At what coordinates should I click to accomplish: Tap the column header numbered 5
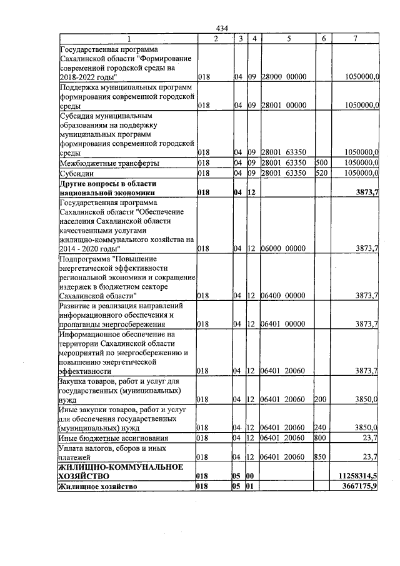coord(289,39)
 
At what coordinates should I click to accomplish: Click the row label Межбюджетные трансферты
coord(109,163)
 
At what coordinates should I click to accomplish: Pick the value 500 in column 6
coord(322,163)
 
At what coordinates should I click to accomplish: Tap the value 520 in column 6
coord(322,173)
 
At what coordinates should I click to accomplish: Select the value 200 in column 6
coord(322,399)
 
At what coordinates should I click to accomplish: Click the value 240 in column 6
coord(322,428)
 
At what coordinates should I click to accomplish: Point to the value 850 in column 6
coord(322,457)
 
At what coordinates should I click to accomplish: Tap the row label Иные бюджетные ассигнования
coord(114,438)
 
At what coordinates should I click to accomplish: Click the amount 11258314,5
coord(358,476)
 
